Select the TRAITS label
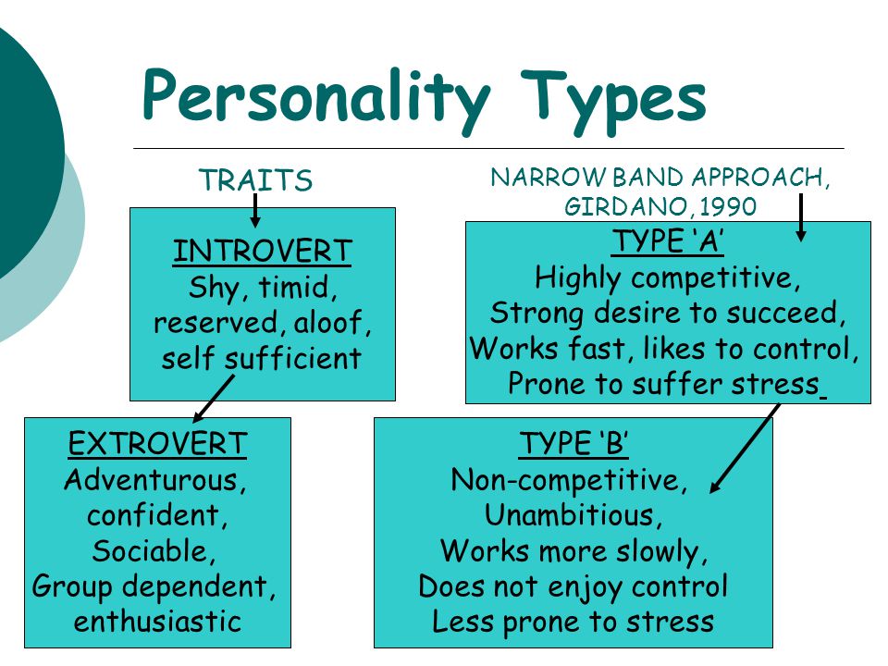point(256,180)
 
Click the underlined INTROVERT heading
point(262,251)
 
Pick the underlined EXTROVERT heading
point(157,443)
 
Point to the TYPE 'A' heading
point(668,241)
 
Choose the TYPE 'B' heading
point(573,443)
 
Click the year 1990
point(728,206)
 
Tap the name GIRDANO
point(620,206)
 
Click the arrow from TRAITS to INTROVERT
point(255,211)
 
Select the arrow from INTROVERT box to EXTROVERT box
point(214,399)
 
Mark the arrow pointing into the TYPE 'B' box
point(746,448)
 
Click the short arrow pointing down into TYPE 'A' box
point(801,218)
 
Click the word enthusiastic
point(157,622)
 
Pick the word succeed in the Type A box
point(785,314)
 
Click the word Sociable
point(154,551)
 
